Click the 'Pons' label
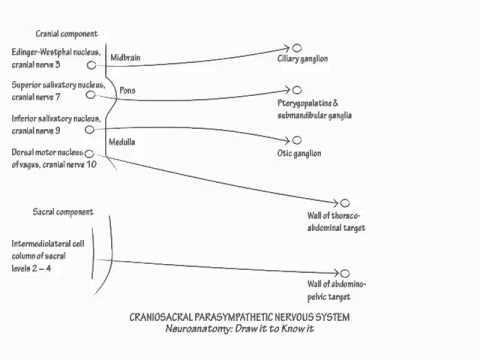pyautogui.click(x=127, y=90)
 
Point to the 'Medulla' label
pyautogui.click(x=122, y=142)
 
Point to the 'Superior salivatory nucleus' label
pyautogui.click(x=47, y=90)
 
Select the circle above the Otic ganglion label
pyautogui.click(x=297, y=139)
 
